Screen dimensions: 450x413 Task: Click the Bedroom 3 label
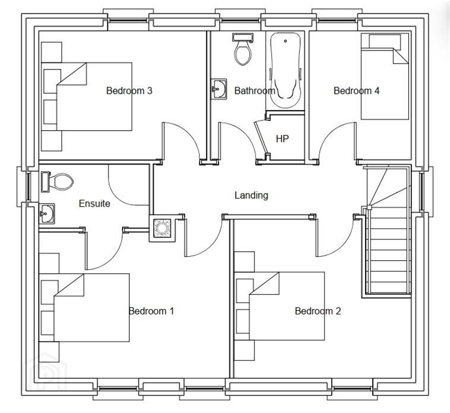129,91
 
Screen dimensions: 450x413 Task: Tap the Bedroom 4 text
356,91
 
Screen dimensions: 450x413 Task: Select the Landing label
251,196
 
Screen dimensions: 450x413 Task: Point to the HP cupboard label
282,139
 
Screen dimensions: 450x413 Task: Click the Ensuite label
94,203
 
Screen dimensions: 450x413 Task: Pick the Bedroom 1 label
151,311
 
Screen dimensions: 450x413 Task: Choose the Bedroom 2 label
318,311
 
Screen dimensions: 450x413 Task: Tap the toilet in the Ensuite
57,181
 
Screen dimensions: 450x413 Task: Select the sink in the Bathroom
219,89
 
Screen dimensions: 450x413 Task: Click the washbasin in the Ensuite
46,214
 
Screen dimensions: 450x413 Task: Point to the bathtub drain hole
286,41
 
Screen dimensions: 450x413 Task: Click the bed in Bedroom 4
385,77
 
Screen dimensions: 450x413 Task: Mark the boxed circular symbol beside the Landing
162,228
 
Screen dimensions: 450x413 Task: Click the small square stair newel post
369,207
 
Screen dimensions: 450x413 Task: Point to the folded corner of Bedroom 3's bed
72,74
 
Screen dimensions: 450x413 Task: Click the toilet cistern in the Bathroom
243,37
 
